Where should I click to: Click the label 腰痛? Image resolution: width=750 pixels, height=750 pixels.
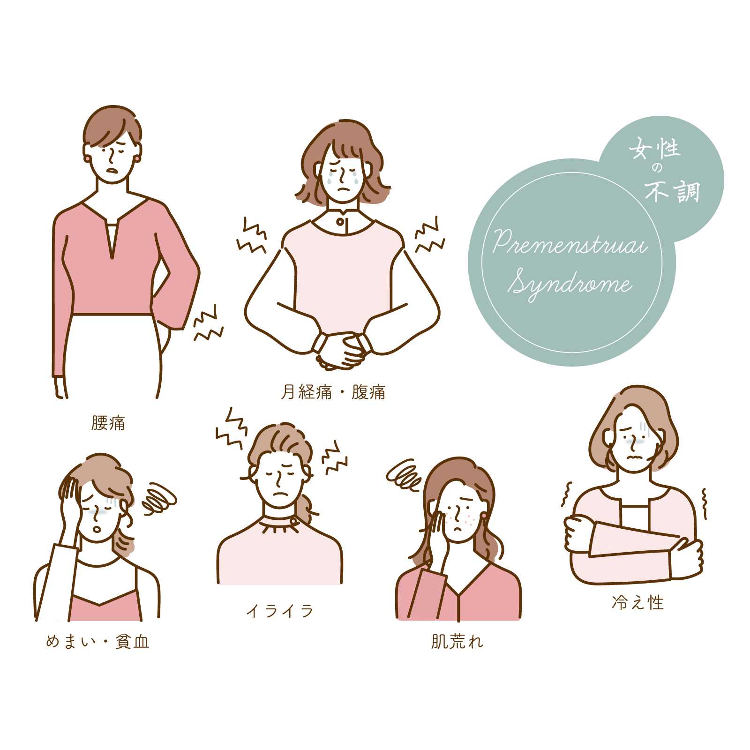pos(108,423)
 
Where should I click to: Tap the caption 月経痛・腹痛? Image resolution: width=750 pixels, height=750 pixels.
pos(333,392)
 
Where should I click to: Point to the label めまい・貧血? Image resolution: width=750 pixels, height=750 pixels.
pos(97,641)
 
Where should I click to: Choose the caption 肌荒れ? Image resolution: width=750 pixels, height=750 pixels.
pos(457,641)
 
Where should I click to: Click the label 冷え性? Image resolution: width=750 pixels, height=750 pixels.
pos(638,602)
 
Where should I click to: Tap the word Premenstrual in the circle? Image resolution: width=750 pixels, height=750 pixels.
pos(570,243)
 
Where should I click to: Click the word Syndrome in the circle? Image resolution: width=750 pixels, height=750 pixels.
pos(570,284)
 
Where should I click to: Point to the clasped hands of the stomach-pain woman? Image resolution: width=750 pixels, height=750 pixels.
pos(341,349)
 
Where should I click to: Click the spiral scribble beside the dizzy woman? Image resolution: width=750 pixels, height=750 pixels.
pos(159,499)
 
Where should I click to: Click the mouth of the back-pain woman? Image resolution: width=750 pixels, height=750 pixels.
pos(112,170)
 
